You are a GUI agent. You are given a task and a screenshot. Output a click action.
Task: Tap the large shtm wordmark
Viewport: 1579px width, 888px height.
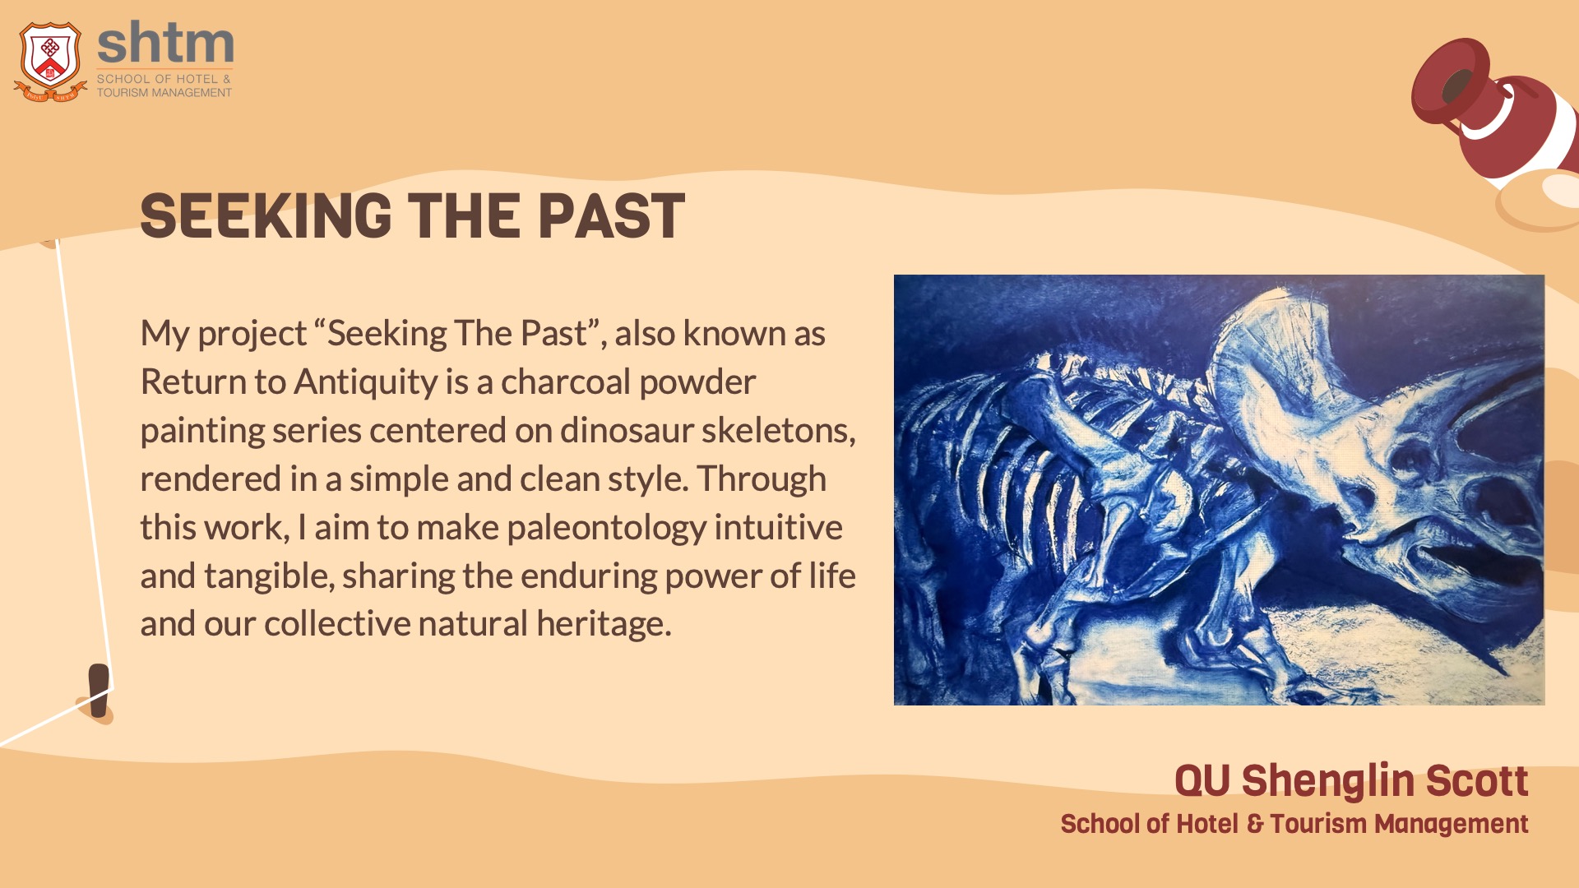coord(165,44)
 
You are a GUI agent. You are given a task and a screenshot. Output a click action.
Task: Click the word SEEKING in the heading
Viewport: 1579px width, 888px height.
coord(266,216)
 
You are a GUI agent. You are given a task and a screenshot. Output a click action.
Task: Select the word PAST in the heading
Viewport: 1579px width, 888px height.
coord(611,216)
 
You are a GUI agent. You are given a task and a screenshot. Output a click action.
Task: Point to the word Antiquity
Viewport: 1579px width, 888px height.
coord(366,382)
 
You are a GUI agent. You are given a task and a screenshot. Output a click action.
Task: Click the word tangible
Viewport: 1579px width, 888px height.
coord(269,576)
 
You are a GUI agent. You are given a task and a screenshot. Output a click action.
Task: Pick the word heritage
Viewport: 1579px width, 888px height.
coord(604,624)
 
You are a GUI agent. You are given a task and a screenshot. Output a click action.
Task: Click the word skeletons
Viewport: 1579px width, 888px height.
coord(779,430)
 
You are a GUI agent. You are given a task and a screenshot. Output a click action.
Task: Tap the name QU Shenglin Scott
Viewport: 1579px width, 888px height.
coord(1351,780)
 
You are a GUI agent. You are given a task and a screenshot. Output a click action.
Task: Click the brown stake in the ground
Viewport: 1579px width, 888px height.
coord(100,690)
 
